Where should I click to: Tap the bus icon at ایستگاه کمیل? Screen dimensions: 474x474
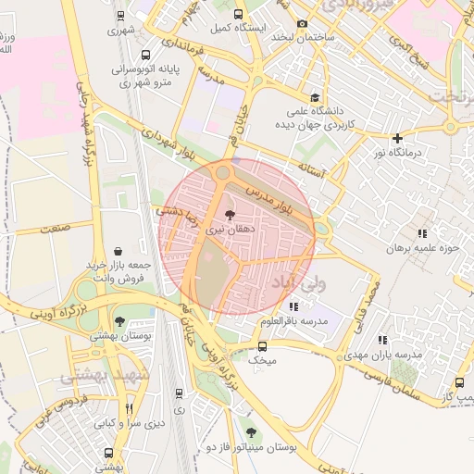click(238, 14)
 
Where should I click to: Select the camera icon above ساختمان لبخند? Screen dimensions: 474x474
click(303, 24)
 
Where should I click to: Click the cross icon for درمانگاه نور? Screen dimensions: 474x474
click(397, 137)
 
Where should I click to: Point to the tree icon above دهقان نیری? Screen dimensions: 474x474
click(230, 214)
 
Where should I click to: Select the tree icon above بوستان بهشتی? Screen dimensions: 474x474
click(119, 322)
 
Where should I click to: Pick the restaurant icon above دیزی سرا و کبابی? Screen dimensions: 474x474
click(129, 407)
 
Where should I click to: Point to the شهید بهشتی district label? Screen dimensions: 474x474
click(98, 377)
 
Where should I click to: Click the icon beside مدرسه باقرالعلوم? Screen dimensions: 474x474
click(293, 306)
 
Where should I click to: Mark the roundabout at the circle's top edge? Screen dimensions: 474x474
click(222, 172)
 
